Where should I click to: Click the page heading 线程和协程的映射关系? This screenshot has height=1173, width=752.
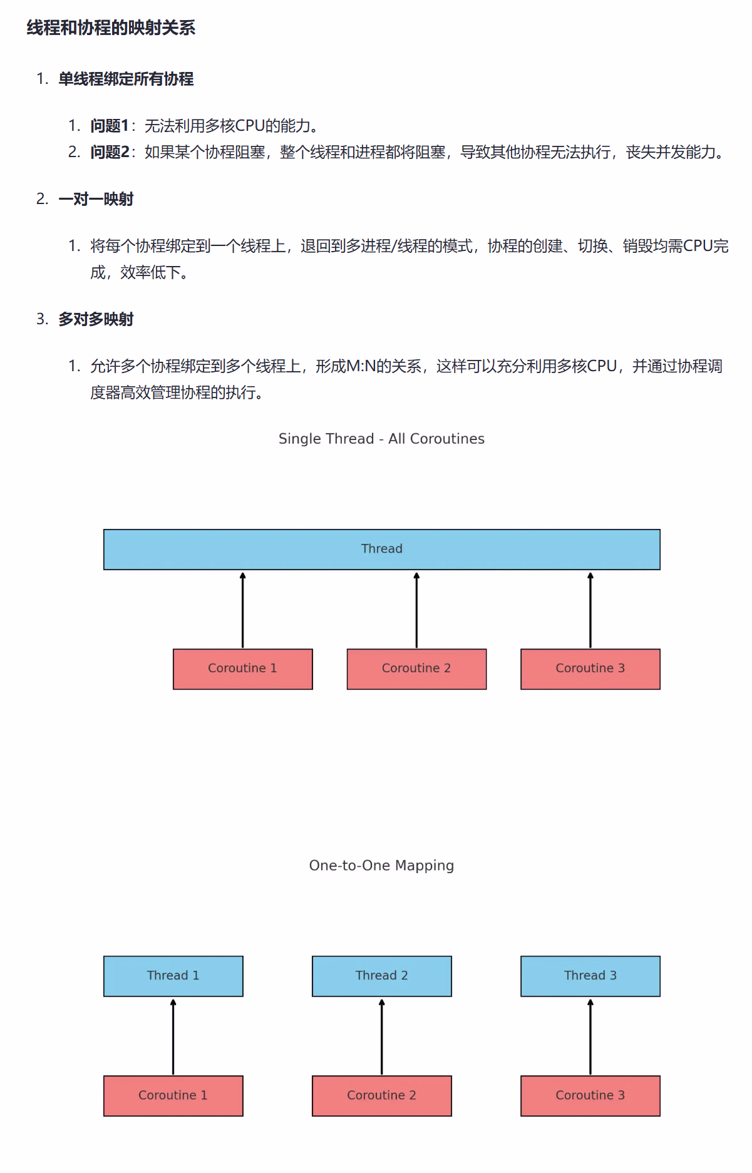click(x=111, y=28)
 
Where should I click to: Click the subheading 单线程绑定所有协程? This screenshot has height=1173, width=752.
click(x=126, y=79)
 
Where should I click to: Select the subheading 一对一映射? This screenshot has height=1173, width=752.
click(x=96, y=199)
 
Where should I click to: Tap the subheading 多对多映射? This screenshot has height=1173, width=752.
click(x=96, y=319)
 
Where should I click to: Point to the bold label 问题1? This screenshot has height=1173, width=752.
click(x=109, y=126)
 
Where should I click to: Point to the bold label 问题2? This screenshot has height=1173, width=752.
click(x=110, y=152)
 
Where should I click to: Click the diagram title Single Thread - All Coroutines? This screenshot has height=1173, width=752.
click(x=381, y=439)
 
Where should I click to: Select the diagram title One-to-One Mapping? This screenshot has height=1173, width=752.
click(x=381, y=866)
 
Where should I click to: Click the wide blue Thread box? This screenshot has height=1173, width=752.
click(x=381, y=549)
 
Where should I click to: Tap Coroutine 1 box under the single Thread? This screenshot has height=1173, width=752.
click(x=242, y=668)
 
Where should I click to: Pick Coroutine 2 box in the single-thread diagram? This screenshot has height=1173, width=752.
click(x=416, y=668)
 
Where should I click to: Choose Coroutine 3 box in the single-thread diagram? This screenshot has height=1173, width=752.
click(x=590, y=668)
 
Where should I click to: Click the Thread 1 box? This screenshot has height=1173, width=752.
click(x=173, y=976)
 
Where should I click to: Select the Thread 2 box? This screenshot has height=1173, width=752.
click(x=381, y=976)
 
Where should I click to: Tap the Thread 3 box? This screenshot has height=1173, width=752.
click(x=590, y=976)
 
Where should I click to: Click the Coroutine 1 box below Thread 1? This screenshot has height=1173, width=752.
click(x=173, y=1095)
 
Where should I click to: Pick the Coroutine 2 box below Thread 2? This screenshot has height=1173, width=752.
click(x=381, y=1095)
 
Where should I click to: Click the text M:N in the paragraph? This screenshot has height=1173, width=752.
click(x=361, y=366)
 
